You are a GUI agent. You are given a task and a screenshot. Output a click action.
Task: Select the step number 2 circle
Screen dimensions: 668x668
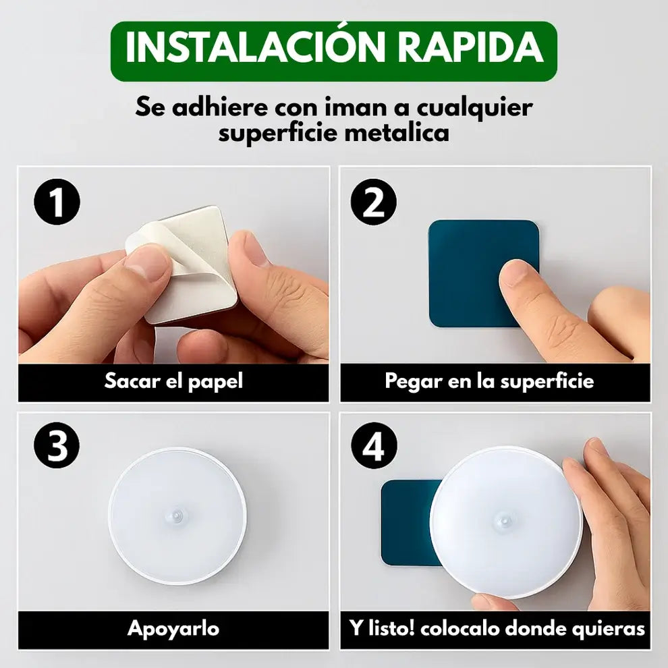pyautogui.click(x=373, y=201)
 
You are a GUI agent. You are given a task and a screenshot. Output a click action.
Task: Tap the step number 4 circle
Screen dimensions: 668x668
pyautogui.click(x=373, y=447)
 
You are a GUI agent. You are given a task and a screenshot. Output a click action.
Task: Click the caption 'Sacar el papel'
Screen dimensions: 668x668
pyautogui.click(x=173, y=381)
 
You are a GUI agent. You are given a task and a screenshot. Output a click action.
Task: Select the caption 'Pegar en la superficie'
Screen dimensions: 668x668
pyautogui.click(x=489, y=381)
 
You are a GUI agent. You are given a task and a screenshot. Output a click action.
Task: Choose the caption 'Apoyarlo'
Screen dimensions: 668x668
pyautogui.click(x=173, y=629)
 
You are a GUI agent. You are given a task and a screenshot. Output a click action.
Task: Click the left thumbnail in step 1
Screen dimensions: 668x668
pyautogui.click(x=146, y=265)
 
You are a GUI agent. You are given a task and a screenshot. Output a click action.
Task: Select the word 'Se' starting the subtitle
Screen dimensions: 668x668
pyautogui.click(x=150, y=107)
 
